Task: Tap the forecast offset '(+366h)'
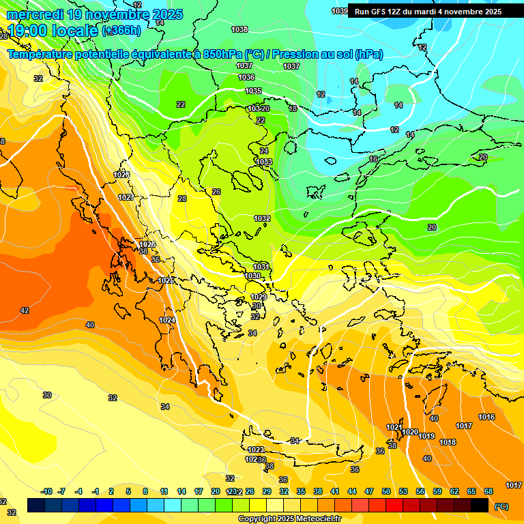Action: (121, 31)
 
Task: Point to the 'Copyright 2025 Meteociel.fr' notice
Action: (289, 519)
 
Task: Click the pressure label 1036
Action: (246, 78)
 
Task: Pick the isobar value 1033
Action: (264, 162)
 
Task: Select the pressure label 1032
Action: (262, 218)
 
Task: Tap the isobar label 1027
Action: (126, 197)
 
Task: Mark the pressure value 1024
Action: (167, 320)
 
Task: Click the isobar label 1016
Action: (486, 417)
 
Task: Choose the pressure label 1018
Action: (448, 442)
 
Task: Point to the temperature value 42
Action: (25, 310)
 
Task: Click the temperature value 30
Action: (47, 395)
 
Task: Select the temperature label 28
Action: (182, 199)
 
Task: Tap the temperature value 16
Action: (373, 159)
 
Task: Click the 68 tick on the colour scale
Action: (489, 491)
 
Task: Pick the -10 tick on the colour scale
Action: (46, 491)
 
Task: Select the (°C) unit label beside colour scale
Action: (501, 506)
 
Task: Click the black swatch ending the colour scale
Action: (480, 505)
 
